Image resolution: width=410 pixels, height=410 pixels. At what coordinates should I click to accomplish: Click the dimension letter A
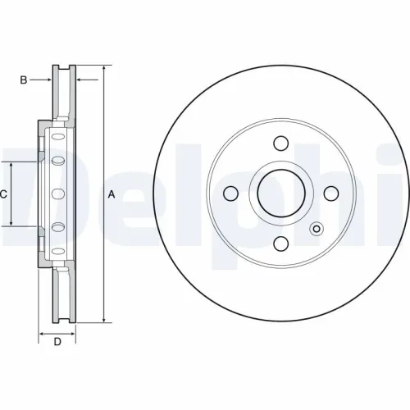pyautogui.click(x=112, y=194)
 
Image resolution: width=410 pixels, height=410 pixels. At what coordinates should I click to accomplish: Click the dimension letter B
pyautogui.click(x=24, y=80)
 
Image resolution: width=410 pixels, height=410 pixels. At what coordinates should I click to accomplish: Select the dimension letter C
pyautogui.click(x=4, y=194)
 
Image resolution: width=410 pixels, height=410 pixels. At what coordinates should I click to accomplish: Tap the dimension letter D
pyautogui.click(x=57, y=342)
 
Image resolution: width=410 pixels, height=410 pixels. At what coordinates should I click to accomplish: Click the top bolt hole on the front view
pyautogui.click(x=280, y=144)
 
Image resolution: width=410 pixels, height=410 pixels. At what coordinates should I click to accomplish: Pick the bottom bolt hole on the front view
pyautogui.click(x=280, y=244)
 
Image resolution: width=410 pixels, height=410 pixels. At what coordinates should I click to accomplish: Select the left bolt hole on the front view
pyautogui.click(x=231, y=194)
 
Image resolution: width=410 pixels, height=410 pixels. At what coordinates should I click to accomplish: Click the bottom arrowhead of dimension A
pyautogui.click(x=104, y=320)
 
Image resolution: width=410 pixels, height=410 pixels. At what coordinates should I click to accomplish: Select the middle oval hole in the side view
pyautogui.click(x=57, y=194)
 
